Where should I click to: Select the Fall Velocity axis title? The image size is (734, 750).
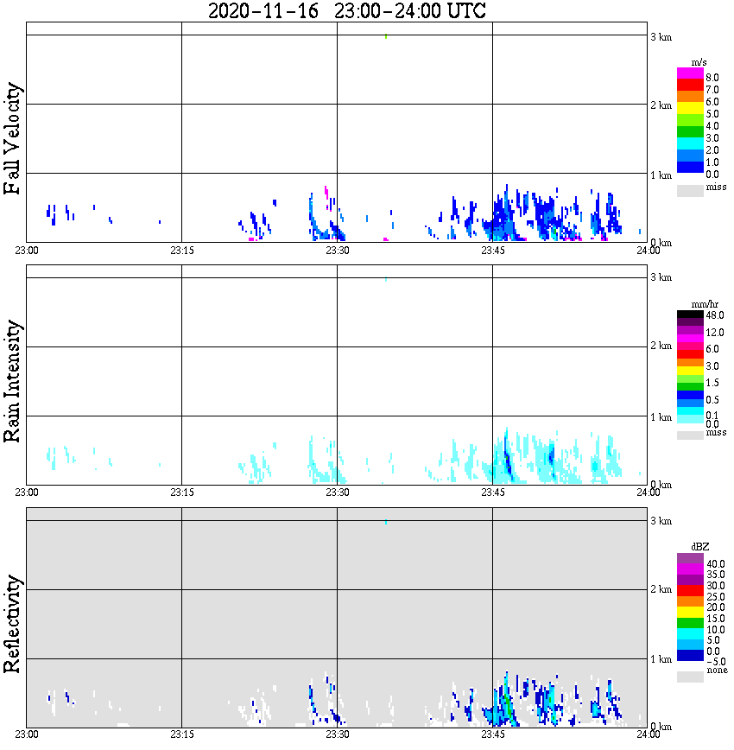pyautogui.click(x=13, y=138)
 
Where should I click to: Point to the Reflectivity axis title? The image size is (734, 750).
pyautogui.click(x=13, y=626)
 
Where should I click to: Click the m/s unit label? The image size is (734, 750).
pyautogui.click(x=699, y=62)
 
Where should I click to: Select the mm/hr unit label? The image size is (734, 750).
pyautogui.click(x=699, y=304)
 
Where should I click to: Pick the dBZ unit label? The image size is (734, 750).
pyautogui.click(x=699, y=547)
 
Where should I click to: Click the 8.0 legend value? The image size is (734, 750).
pyautogui.click(x=712, y=78)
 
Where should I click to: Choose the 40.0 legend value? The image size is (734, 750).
pyautogui.click(x=713, y=563)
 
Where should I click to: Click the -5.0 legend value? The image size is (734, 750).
pyautogui.click(x=713, y=661)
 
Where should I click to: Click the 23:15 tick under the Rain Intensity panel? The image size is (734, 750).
pyautogui.click(x=181, y=493)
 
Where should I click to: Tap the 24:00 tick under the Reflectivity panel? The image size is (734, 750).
pyautogui.click(x=648, y=735)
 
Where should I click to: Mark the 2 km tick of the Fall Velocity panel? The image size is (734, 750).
pyautogui.click(x=661, y=106)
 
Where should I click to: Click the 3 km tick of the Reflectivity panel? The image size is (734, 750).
pyautogui.click(x=661, y=522)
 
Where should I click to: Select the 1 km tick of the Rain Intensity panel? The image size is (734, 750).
pyautogui.click(x=661, y=417)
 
